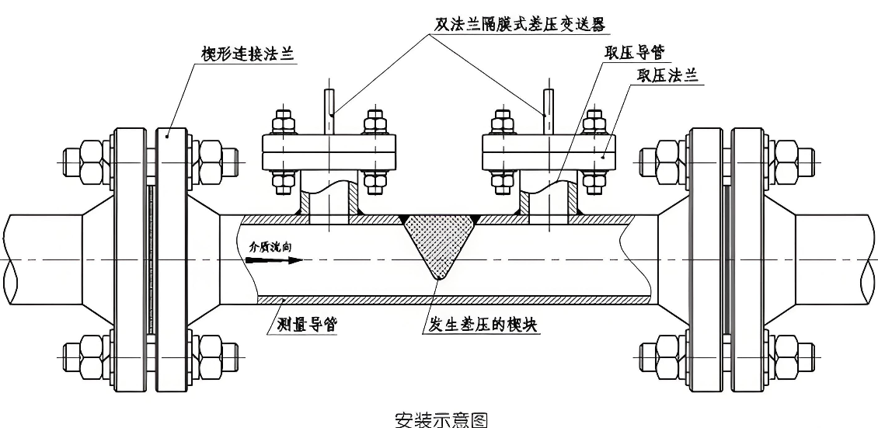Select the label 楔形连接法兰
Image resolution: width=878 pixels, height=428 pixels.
point(243,54)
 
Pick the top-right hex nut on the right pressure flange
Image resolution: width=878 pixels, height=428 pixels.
point(594,124)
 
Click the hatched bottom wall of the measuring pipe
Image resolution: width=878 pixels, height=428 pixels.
point(451,299)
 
